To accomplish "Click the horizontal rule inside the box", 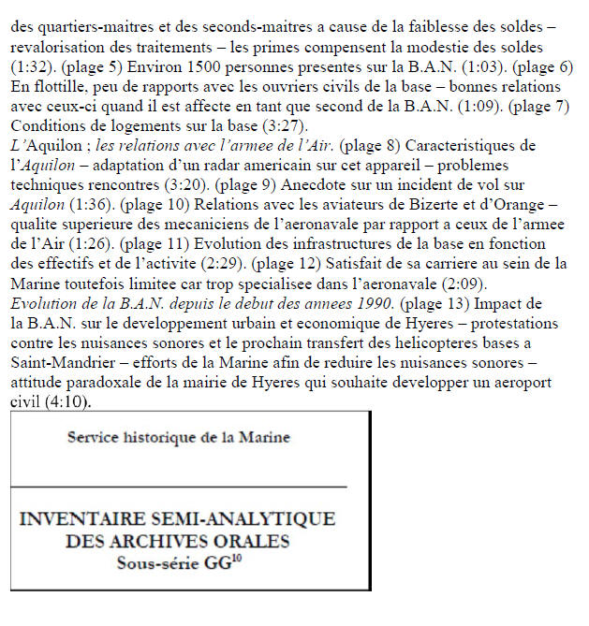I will click(x=178, y=487).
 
